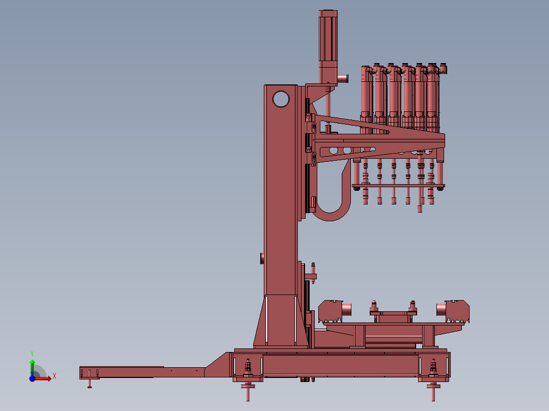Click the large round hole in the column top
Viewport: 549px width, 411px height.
click(281, 99)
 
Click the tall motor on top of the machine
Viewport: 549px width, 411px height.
click(328, 47)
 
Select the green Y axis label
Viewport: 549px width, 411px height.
click(32, 354)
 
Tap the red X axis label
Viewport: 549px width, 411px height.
click(54, 376)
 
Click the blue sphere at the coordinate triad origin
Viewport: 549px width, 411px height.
click(32, 378)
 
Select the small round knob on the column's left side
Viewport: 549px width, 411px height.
click(262, 258)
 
